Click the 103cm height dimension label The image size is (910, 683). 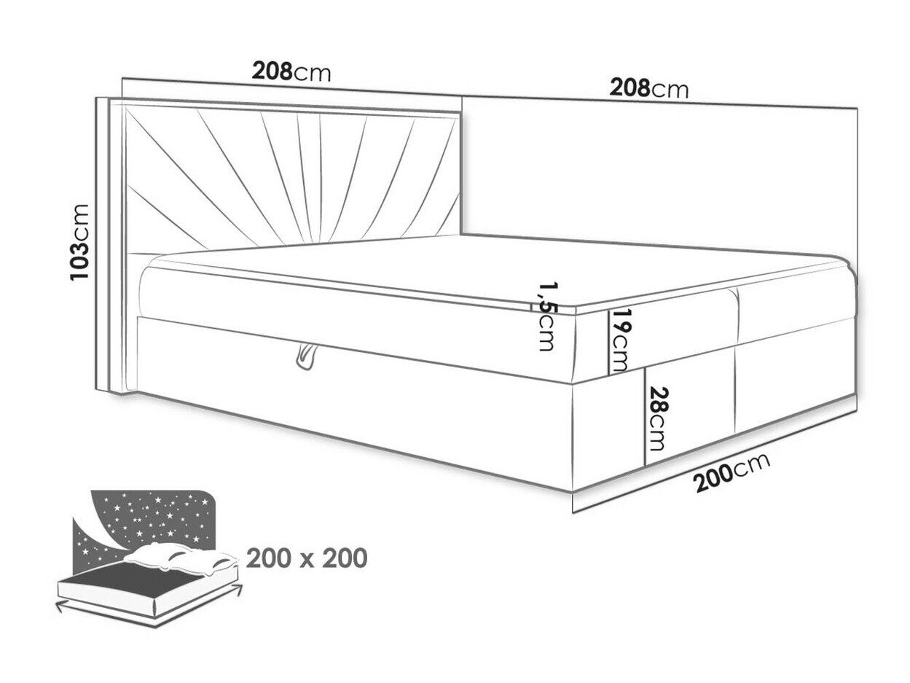click(80, 242)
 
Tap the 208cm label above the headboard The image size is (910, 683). click(291, 71)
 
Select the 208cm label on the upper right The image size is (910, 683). click(649, 89)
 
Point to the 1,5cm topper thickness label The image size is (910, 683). click(548, 316)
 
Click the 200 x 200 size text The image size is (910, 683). click(307, 558)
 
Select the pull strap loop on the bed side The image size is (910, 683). click(307, 356)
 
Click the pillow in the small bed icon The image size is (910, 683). click(181, 558)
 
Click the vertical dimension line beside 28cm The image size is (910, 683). click(645, 416)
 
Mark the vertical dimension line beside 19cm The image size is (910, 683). click(608, 341)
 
